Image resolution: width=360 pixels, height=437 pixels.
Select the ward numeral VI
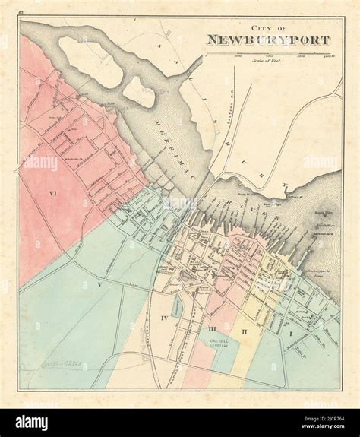(31, 195)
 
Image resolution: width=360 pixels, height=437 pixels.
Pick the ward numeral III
(213, 328)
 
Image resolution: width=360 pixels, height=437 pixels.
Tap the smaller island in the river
(138, 91)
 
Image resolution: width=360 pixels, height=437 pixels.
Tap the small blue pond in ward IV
(176, 306)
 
